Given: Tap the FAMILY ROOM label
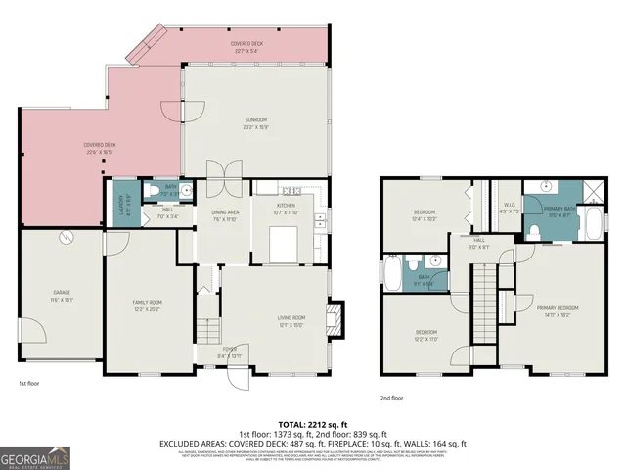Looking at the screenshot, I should click(x=145, y=304).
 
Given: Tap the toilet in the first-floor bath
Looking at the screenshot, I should click(x=155, y=190).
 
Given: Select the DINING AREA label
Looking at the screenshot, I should click(x=226, y=214).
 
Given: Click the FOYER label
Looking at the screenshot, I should click(x=229, y=352).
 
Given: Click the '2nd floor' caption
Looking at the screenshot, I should click(x=392, y=399).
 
